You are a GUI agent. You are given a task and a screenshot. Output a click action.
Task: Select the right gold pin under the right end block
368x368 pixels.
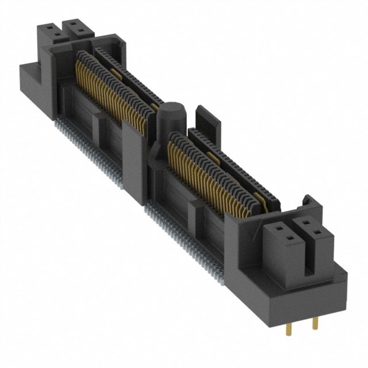coord(314,323)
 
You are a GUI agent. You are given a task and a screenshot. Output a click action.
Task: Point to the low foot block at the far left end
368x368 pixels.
coord(32,86)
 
